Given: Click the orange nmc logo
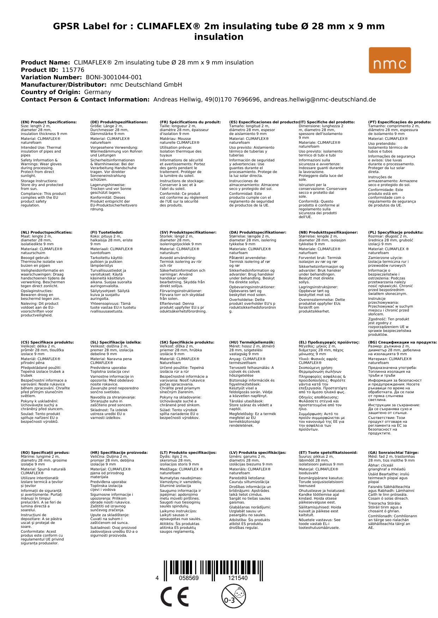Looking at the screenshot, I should click(390, 60).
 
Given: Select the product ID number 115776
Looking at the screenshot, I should click(73, 70).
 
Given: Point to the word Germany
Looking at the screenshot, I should click(97, 92).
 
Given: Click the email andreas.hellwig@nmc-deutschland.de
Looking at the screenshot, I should click(319, 99).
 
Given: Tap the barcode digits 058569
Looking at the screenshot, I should click(189, 578).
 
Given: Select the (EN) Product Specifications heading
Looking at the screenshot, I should click(49, 122).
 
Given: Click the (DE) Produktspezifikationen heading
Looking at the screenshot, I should click(119, 122).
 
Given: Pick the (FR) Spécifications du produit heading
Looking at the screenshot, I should click(190, 122).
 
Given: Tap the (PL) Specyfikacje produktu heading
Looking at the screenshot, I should click(396, 233).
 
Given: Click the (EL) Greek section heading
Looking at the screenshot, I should click(329, 342).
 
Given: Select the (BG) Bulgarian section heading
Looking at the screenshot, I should click(402, 342).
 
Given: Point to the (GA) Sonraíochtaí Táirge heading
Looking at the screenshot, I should click(393, 453).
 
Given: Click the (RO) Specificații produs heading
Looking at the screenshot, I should click(45, 453).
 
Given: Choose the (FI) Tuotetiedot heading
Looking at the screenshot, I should click(107, 233).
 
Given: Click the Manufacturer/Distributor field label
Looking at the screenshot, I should click(64, 85).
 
